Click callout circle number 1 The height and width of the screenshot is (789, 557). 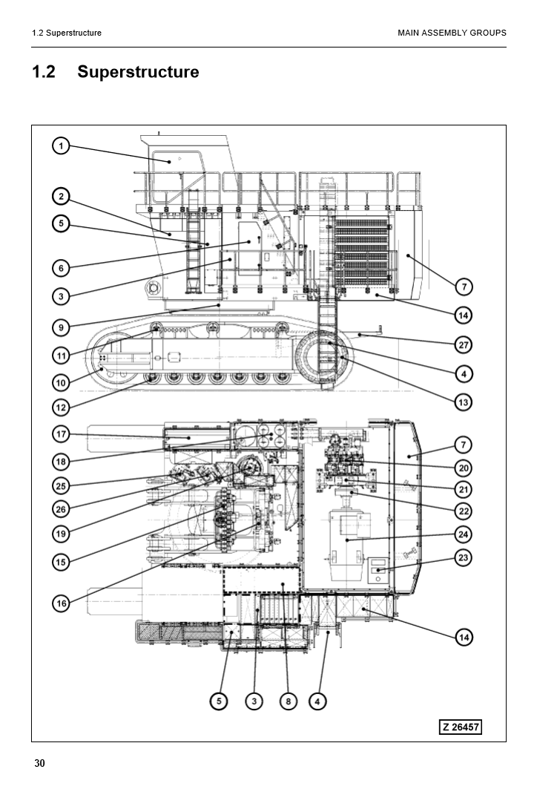coord(62,145)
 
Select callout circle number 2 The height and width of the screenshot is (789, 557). coord(62,197)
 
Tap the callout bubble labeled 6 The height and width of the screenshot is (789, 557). coord(62,268)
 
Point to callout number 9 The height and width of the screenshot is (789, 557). coord(62,327)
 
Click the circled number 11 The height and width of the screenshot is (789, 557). coord(62,356)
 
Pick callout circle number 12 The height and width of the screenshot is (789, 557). coord(62,407)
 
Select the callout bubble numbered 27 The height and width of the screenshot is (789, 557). coord(464,344)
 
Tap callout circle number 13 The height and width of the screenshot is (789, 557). coord(464,402)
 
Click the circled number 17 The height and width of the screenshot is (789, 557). coord(62,433)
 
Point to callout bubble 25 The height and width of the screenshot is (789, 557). coord(62,485)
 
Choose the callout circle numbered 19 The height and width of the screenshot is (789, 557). coord(62,533)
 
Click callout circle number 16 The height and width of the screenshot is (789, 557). coord(62,603)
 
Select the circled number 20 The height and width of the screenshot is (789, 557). coord(464,468)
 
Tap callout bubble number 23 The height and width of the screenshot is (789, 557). coord(464,557)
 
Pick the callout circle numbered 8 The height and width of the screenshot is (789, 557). coord(288,701)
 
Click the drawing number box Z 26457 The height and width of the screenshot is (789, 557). coord(461,727)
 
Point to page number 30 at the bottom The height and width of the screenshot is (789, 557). coord(39,765)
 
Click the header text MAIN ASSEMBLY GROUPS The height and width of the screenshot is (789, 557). coord(452,33)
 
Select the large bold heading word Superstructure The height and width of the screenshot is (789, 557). coord(138,72)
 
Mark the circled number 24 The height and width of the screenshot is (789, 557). coord(464,534)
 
